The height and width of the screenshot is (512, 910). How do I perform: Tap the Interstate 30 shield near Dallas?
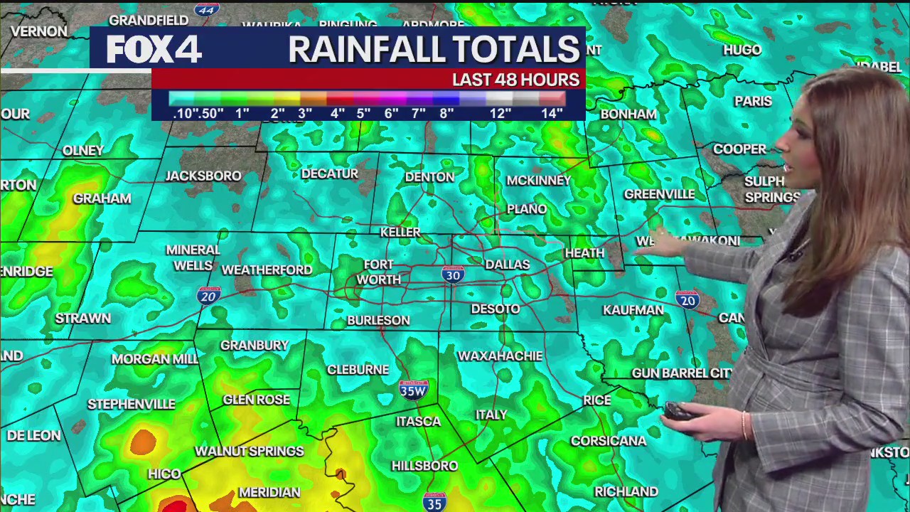pyautogui.click(x=453, y=274)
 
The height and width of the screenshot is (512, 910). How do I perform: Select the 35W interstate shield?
pyautogui.click(x=413, y=389)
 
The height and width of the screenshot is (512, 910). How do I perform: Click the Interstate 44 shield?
pyautogui.click(x=206, y=10)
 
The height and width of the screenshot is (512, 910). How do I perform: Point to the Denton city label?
pyautogui.click(x=429, y=177)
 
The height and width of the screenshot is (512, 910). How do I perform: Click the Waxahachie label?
pyautogui.click(x=500, y=356)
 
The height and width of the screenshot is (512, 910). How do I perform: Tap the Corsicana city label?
pyautogui.click(x=609, y=441)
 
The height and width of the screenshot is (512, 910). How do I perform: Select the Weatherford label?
pyautogui.click(x=267, y=270)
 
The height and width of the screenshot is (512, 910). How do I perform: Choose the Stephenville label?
pyautogui.click(x=131, y=404)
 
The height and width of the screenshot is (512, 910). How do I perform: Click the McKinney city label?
pyautogui.click(x=538, y=181)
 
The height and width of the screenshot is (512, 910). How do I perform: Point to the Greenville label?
pyautogui.click(x=659, y=194)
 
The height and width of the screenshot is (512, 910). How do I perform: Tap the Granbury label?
pyautogui.click(x=254, y=345)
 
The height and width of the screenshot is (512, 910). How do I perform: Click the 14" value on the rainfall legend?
pyautogui.click(x=552, y=113)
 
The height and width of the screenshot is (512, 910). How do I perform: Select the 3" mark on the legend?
pyautogui.click(x=305, y=113)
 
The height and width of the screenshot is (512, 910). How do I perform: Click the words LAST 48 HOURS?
pyautogui.click(x=515, y=80)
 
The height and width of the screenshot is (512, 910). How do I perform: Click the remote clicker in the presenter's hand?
pyautogui.click(x=678, y=412)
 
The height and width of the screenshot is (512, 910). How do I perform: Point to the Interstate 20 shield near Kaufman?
pyautogui.click(x=687, y=299)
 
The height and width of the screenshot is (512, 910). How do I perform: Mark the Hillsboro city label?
pyautogui.click(x=424, y=466)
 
